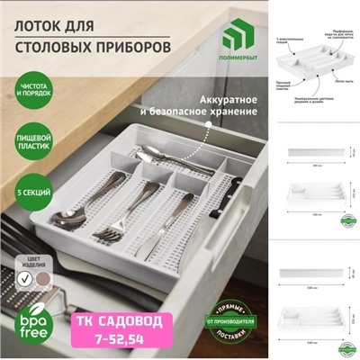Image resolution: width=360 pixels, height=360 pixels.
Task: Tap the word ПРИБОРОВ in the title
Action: (127, 44)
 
